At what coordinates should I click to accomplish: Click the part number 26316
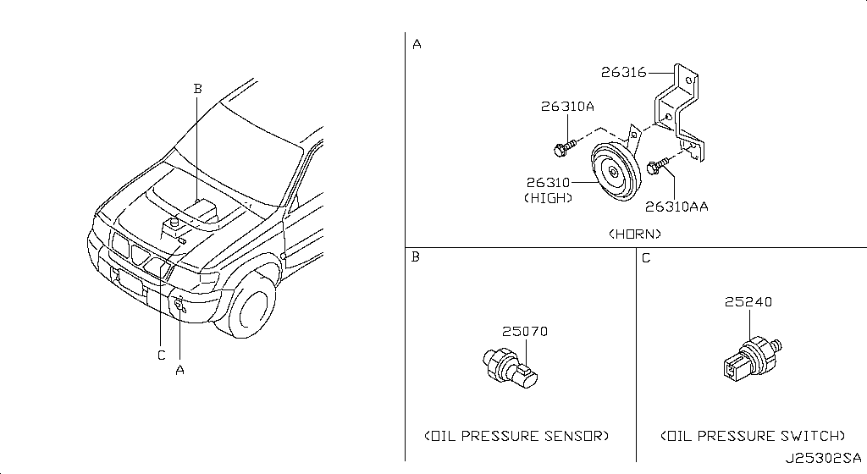point(623,73)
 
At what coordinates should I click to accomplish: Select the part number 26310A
point(567,107)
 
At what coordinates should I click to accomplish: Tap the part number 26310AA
point(676,206)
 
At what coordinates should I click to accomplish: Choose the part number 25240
point(748,302)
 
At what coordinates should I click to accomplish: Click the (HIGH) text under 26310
point(548,198)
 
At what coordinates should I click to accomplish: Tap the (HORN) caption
point(635,233)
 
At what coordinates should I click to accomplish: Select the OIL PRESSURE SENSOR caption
point(516,436)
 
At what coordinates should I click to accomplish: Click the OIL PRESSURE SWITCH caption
point(752,436)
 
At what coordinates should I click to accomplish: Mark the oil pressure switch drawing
point(749,355)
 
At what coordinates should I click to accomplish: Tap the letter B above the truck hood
point(197,87)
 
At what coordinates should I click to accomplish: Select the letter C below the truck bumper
point(161,355)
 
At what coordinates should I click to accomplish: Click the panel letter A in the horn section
point(416,44)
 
